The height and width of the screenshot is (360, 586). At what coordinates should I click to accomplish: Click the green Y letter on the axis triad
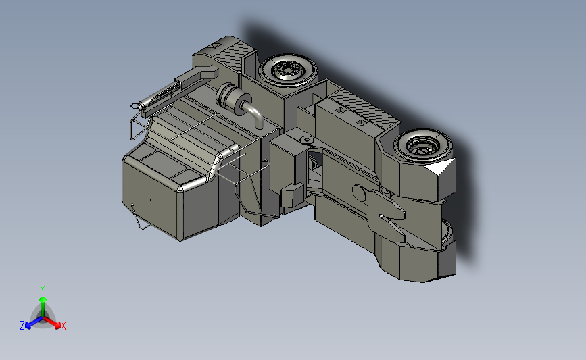(x=43, y=290)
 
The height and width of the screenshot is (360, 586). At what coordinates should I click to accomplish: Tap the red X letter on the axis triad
(x=63, y=326)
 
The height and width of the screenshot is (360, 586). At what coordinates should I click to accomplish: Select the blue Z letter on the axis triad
(x=22, y=326)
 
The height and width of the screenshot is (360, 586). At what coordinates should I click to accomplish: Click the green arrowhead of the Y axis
(x=43, y=299)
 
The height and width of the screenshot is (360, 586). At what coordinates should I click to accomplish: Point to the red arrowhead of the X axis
(x=57, y=326)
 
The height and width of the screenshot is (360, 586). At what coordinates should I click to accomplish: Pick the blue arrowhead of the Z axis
(x=28, y=326)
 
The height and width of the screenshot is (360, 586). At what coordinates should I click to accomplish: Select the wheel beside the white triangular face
(x=423, y=145)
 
